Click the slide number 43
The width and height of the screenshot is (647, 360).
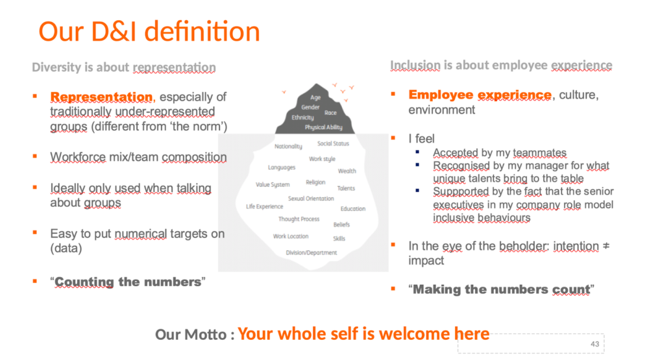tap(594, 344)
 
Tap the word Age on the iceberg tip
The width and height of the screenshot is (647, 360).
tap(315, 98)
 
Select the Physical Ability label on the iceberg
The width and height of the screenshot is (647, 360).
tap(323, 127)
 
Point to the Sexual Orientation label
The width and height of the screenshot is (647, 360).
tap(311, 198)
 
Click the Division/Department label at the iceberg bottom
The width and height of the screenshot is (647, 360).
tap(311, 252)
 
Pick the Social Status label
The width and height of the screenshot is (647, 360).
tap(333, 143)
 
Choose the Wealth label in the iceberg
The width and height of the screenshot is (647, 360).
tap(347, 171)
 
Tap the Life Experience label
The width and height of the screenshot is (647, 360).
tap(265, 207)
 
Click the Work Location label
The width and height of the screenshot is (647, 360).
tap(291, 236)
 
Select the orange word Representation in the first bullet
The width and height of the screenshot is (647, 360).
tap(101, 97)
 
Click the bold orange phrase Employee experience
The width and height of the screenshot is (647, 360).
tap(480, 95)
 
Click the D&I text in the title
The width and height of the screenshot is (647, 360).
tap(114, 31)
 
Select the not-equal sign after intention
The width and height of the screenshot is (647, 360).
tap(605, 246)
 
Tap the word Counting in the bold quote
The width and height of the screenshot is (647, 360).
tap(84, 282)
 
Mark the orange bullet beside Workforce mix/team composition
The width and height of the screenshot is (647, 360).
tap(35, 156)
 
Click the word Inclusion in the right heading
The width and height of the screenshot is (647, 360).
tap(415, 65)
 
